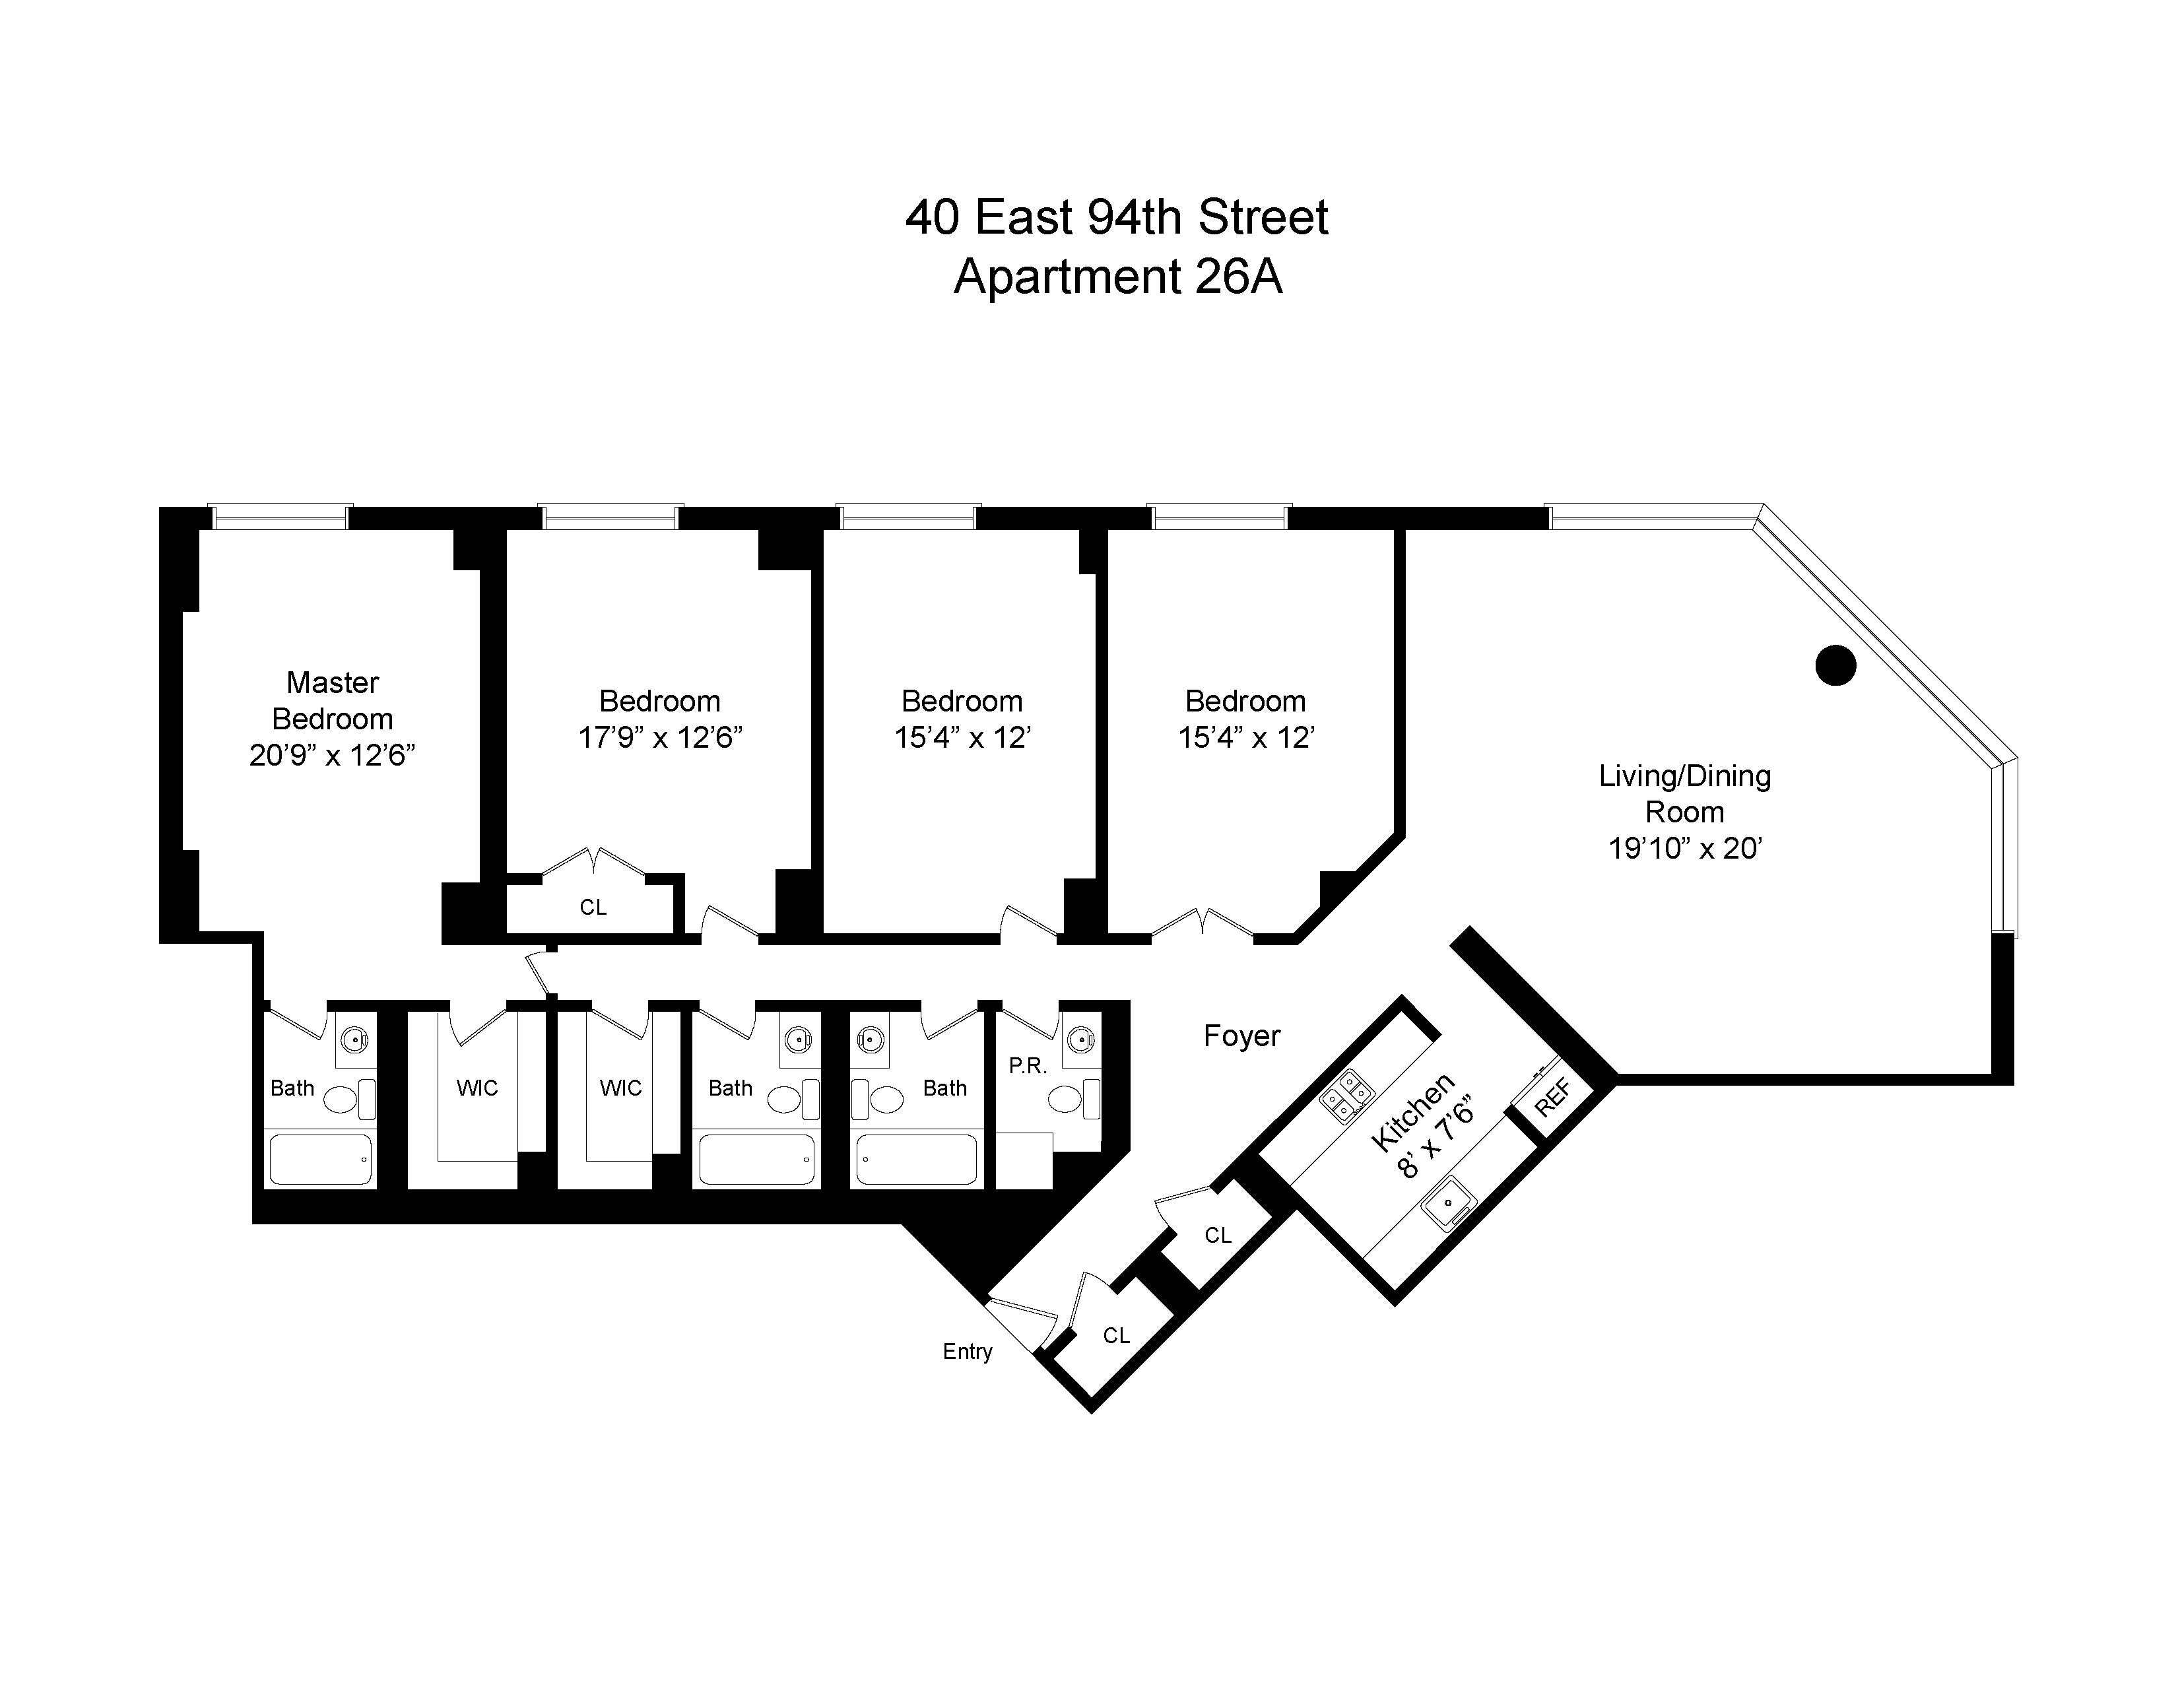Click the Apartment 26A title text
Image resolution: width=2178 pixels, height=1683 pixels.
click(x=1117, y=276)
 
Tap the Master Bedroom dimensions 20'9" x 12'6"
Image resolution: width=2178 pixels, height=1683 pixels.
click(x=332, y=756)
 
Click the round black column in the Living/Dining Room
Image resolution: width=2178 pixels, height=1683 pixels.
click(x=1835, y=665)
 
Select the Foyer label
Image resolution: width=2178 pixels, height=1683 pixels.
click(x=1241, y=1036)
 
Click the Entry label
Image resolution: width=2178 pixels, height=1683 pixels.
click(x=968, y=1351)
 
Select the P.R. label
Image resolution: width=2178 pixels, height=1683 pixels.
click(x=1027, y=1066)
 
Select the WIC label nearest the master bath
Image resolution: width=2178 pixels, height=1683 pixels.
click(x=477, y=1088)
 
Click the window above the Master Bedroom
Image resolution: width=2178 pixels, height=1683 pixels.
click(x=280, y=517)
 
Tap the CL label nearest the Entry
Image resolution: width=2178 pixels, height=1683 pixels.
click(x=1116, y=1335)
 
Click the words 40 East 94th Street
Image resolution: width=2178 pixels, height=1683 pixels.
click(x=1117, y=217)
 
